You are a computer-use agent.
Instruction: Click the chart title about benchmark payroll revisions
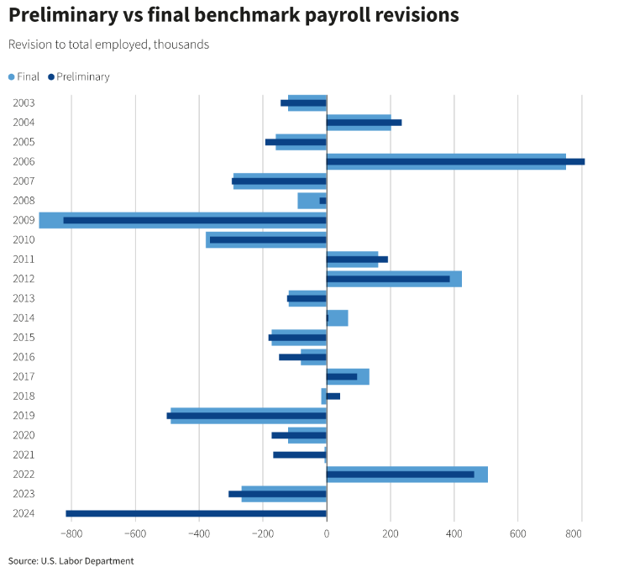[x=233, y=16]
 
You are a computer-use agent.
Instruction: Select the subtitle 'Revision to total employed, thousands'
[x=108, y=45]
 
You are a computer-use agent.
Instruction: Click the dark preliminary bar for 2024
[x=196, y=513]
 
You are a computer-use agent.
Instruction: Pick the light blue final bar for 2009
[x=50, y=220]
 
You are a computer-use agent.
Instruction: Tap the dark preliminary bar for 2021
[x=299, y=454]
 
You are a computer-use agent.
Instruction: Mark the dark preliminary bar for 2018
[x=333, y=396]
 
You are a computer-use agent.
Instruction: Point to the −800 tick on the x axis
[x=71, y=533]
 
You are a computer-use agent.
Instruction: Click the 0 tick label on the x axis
[x=326, y=533]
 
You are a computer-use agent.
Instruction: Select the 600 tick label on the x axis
[x=517, y=533]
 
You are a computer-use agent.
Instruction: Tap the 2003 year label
[x=24, y=102]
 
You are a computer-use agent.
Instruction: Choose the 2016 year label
[x=24, y=357]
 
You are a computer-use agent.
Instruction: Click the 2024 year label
[x=24, y=513]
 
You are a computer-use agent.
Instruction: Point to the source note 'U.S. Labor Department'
[x=71, y=560]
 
